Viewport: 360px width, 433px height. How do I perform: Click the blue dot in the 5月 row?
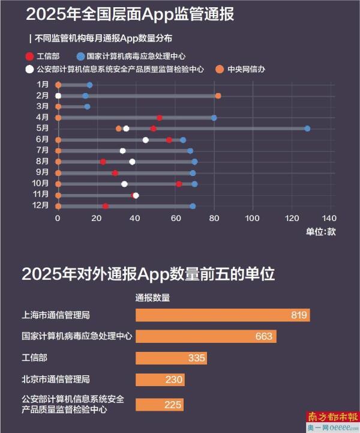(x=307, y=129)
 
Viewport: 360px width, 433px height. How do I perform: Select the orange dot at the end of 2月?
(x=218, y=96)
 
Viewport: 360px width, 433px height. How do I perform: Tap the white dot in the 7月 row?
(x=122, y=151)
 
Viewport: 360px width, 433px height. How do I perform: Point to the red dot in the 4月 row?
(x=159, y=118)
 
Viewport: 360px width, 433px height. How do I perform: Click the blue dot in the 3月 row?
(x=87, y=107)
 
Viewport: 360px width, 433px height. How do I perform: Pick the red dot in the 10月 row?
(x=179, y=184)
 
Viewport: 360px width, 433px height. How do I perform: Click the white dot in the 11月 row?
(x=136, y=195)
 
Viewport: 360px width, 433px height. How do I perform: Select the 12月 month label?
(x=41, y=206)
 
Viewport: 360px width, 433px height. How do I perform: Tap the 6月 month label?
(x=43, y=139)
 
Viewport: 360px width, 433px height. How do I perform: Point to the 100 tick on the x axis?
(x=253, y=219)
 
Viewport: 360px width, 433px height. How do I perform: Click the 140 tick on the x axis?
(x=330, y=219)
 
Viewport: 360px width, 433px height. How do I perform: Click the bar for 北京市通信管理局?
(x=160, y=380)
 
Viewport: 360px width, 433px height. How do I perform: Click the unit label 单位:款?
(x=320, y=232)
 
